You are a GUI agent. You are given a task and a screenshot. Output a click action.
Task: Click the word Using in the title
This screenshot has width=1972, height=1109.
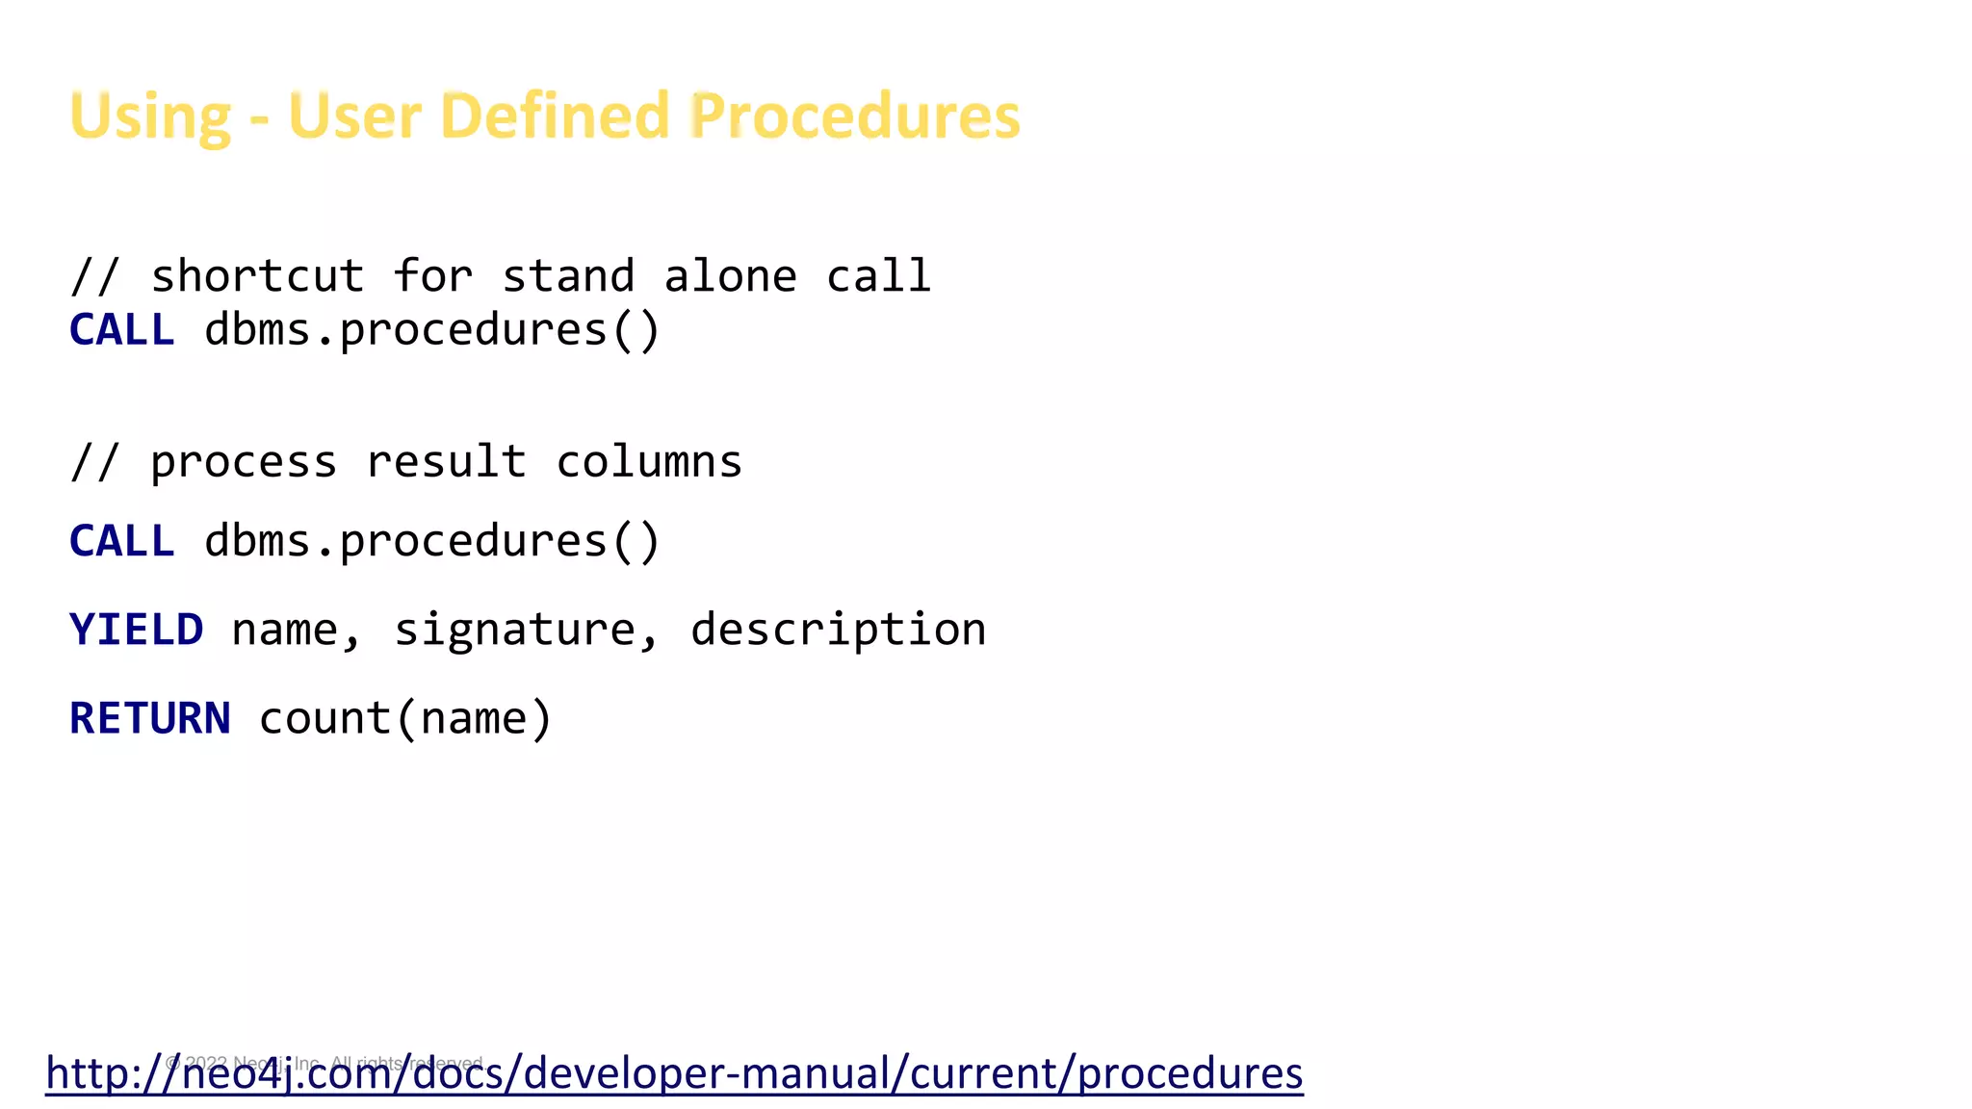click(150, 117)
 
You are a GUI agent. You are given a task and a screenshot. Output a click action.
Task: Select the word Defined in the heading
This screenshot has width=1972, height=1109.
click(555, 116)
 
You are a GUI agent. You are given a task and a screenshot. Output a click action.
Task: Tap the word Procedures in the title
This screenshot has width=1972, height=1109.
click(855, 116)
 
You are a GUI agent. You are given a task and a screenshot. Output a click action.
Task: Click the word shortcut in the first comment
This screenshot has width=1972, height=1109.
click(257, 276)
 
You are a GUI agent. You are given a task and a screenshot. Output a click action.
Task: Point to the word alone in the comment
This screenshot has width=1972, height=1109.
click(730, 276)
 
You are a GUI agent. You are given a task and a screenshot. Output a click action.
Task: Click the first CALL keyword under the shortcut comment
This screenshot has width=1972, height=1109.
click(121, 330)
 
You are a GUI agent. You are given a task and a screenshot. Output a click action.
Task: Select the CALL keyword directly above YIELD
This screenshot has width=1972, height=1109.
click(121, 541)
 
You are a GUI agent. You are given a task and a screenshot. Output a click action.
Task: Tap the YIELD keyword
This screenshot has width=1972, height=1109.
click(136, 631)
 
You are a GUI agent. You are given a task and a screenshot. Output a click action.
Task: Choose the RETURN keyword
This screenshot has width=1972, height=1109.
click(149, 719)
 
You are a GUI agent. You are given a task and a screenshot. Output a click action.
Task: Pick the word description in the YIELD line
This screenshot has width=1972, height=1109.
click(838, 631)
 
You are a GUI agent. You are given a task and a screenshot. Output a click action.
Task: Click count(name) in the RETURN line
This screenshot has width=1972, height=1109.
click(405, 719)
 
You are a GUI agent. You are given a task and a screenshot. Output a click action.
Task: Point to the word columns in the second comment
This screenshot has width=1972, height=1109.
click(649, 462)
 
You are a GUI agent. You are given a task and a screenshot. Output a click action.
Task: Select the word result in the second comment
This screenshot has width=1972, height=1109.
click(447, 462)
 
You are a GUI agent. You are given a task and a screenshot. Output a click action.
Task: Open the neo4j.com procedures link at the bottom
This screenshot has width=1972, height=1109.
click(674, 1073)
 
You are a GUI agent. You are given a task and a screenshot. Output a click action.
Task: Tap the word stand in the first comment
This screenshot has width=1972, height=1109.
click(568, 276)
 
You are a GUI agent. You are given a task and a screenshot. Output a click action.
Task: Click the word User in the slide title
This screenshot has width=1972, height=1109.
click(354, 116)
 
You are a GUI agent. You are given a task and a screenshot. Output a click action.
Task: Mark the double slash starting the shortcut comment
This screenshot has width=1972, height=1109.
click(94, 276)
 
